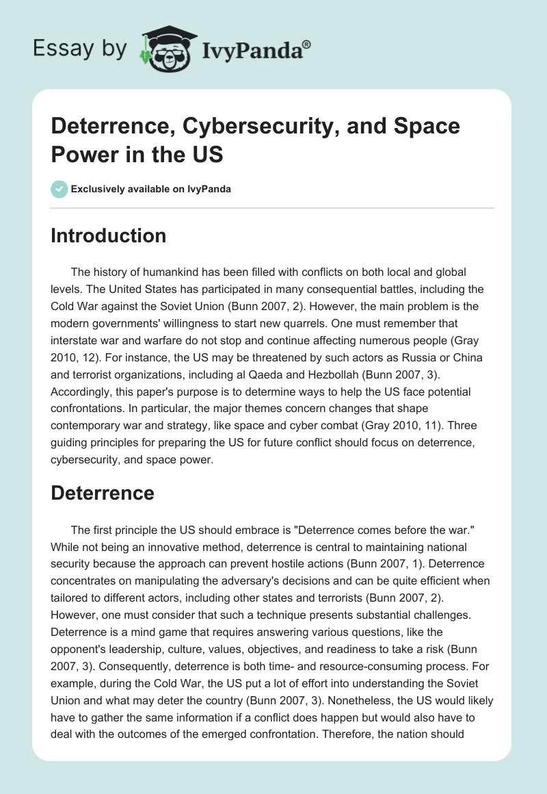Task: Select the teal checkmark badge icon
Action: tap(59, 189)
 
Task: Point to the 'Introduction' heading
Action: tap(109, 235)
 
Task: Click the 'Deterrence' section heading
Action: tap(103, 493)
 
